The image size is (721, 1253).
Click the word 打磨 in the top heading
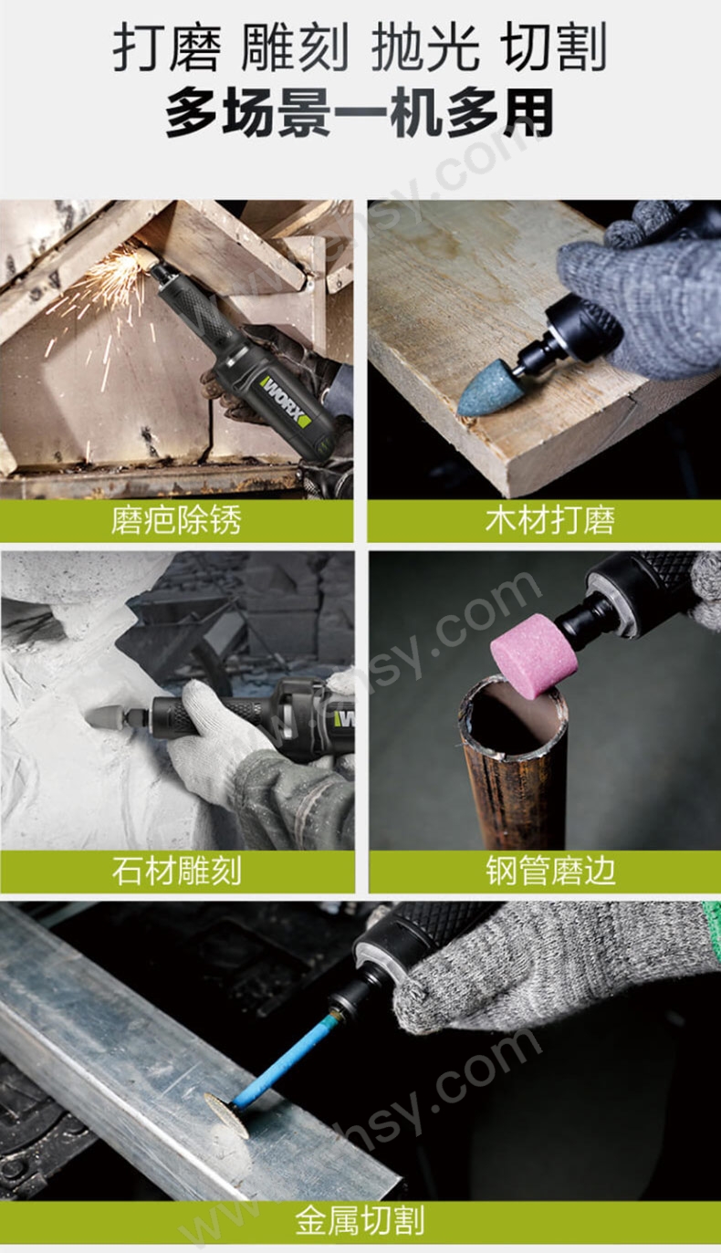166,48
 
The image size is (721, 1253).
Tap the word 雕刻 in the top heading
296,48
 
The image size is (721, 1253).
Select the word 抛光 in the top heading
424,48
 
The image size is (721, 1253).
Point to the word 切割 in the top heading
555,48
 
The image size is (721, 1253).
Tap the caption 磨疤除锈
176,521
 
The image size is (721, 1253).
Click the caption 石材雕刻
176,871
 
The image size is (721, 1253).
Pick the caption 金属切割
360,1221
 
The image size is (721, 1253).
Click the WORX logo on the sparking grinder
286,402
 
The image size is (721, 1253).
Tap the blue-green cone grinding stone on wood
485,390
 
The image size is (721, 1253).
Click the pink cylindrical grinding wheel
534,655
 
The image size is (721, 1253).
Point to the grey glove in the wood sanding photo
639,292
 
